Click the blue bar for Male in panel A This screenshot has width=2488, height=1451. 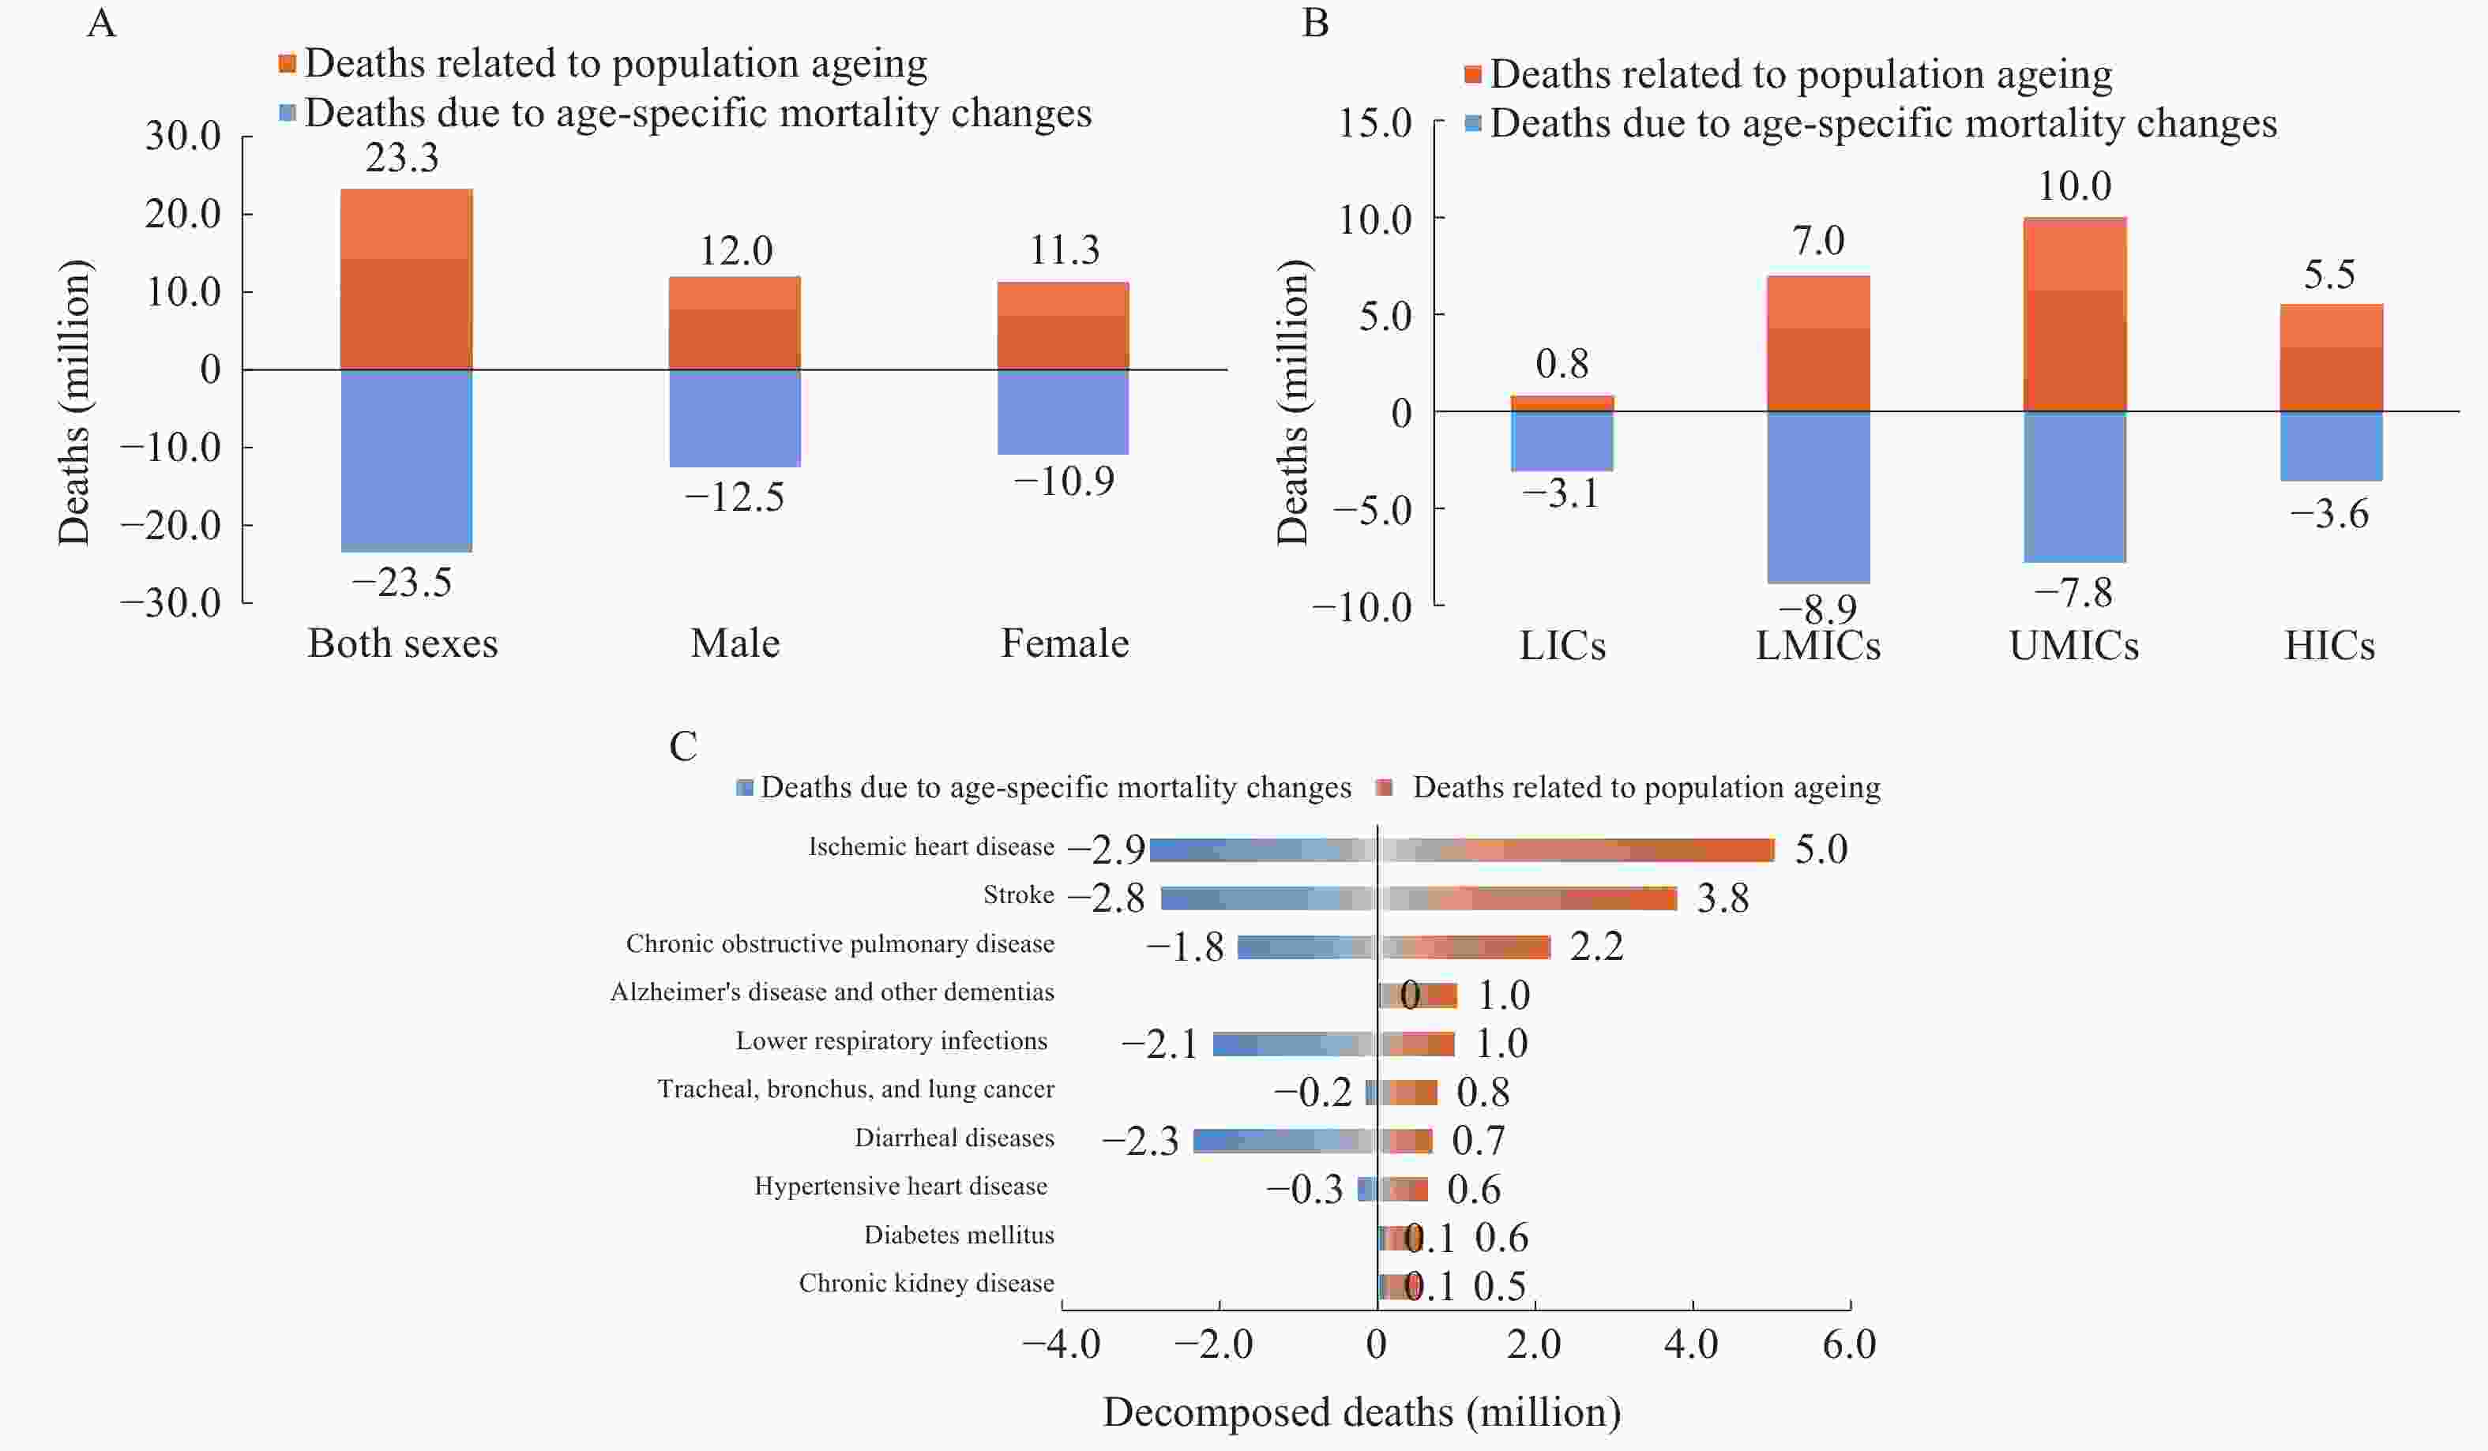(735, 418)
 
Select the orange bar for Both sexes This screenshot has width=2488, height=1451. (406, 279)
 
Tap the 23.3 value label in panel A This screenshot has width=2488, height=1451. (402, 158)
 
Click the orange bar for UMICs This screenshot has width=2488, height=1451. (2074, 314)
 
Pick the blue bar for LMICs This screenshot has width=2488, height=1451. (1817, 497)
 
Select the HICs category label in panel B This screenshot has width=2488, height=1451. (2329, 646)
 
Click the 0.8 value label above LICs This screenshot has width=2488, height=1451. (1562, 364)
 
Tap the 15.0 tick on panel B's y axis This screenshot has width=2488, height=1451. (1374, 123)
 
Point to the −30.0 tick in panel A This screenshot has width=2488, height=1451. (171, 602)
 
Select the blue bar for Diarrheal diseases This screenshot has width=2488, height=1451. (1284, 1140)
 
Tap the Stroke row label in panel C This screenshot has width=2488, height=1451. (1018, 895)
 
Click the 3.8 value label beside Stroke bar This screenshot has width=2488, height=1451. (1722, 898)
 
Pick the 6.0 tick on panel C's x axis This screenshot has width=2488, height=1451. (1849, 1344)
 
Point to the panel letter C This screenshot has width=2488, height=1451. (683, 746)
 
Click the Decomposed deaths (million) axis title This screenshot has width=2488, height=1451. (1362, 1412)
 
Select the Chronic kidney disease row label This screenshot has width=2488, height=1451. (926, 1283)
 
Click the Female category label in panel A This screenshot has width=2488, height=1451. (1065, 643)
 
